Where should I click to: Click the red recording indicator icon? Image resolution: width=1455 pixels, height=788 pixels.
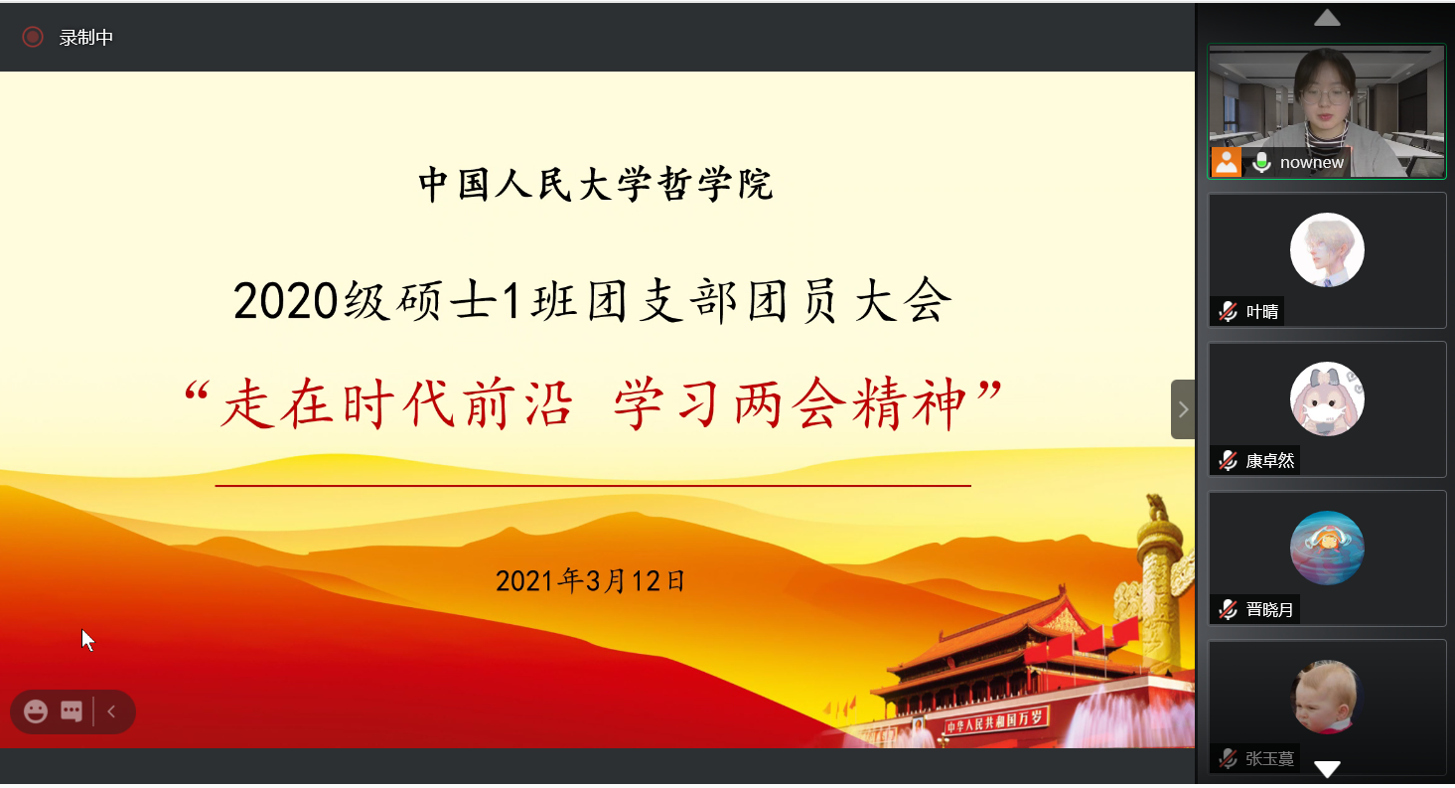[x=33, y=38]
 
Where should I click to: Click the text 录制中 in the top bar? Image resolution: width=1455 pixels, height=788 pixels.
[x=86, y=38]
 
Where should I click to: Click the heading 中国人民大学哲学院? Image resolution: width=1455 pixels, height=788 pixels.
[x=595, y=185]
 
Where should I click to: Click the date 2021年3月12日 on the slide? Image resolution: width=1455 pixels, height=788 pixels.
[x=591, y=580]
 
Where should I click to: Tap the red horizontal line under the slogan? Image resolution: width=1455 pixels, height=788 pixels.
[x=593, y=486]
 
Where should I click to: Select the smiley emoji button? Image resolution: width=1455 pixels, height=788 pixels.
[x=36, y=711]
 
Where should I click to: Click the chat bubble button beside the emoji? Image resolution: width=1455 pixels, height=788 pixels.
[x=72, y=711]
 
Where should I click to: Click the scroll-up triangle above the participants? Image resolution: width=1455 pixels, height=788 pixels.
[x=1327, y=18]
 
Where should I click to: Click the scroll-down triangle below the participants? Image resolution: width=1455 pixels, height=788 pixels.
[x=1327, y=768]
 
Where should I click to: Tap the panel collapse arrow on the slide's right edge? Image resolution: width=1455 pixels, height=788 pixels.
[x=1183, y=409]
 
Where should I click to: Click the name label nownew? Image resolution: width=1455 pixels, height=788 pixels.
[x=1312, y=163]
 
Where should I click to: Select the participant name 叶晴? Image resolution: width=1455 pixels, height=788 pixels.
[x=1262, y=312]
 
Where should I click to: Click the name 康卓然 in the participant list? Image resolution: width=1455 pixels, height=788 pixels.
[x=1270, y=461]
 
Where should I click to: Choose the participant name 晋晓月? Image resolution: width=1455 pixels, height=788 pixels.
[x=1270, y=610]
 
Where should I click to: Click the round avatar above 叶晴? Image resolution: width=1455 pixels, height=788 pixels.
[x=1327, y=250]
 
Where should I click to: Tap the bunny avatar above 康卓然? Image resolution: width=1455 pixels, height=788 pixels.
[x=1327, y=399]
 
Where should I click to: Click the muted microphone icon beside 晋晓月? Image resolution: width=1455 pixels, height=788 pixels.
[x=1229, y=609]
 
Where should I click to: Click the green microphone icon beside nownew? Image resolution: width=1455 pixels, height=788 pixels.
[x=1261, y=162]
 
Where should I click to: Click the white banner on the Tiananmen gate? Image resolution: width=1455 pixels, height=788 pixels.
[x=995, y=722]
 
